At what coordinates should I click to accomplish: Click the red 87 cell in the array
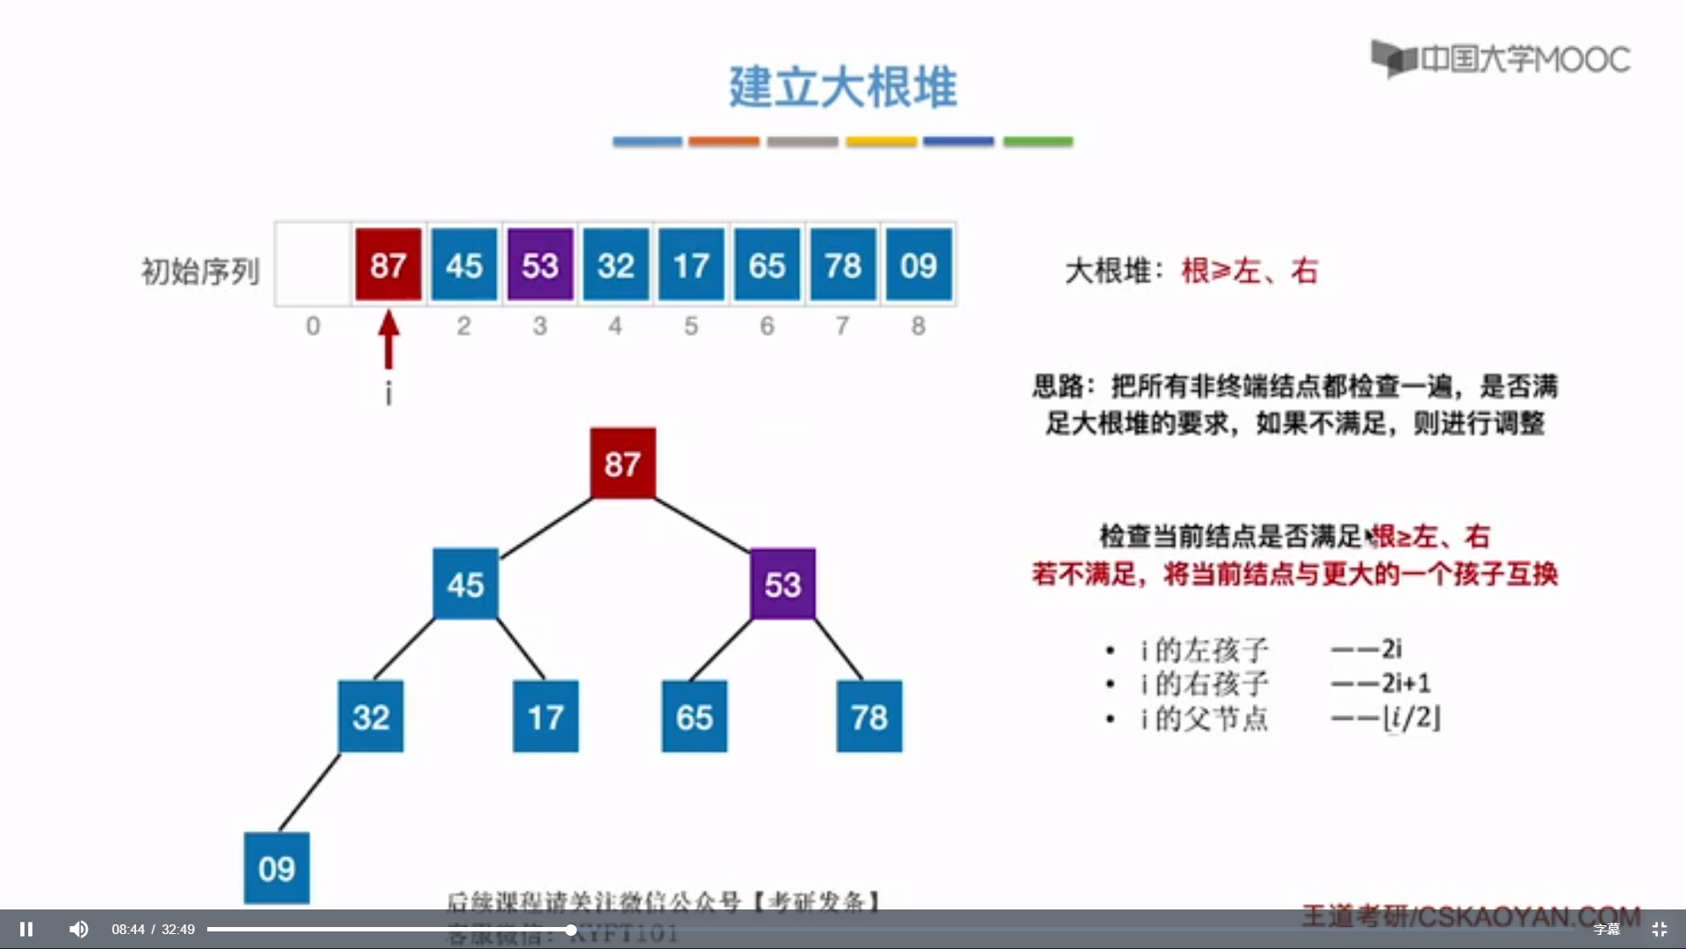click(x=388, y=264)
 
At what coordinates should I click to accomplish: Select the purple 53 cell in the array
click(x=540, y=264)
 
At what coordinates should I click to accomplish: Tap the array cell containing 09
click(x=919, y=264)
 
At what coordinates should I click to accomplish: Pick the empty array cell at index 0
click(x=313, y=264)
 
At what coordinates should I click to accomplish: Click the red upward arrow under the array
click(x=388, y=338)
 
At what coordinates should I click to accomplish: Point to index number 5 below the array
click(x=691, y=326)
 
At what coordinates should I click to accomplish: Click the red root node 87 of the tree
click(x=623, y=463)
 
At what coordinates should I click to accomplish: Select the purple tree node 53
click(x=782, y=584)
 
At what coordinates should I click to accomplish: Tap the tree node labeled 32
click(x=371, y=717)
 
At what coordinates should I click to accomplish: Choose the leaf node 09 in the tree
click(x=277, y=868)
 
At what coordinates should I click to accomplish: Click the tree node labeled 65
click(x=694, y=717)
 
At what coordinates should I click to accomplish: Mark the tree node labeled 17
click(x=545, y=717)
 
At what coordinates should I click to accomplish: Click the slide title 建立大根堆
click(x=843, y=87)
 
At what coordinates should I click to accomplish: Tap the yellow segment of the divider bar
click(x=881, y=141)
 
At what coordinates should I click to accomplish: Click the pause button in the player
click(x=26, y=929)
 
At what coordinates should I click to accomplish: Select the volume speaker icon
click(x=79, y=929)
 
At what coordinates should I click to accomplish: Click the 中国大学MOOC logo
click(x=1501, y=59)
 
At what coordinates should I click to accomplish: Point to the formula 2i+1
click(x=1406, y=683)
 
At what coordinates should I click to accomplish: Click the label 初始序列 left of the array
click(x=200, y=272)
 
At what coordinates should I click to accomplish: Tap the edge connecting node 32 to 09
click(x=309, y=793)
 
